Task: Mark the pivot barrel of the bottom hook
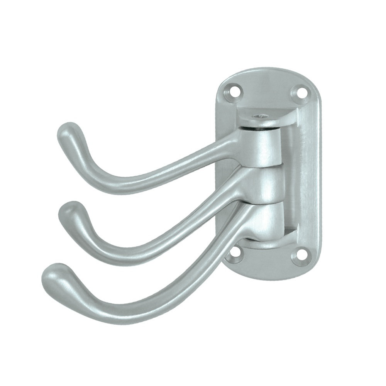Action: (266, 220)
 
